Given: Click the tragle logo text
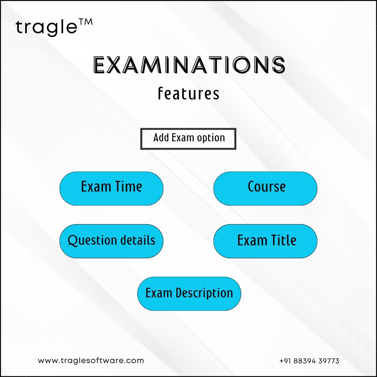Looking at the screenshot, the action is pos(47,27).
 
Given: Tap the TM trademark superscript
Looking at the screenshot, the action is pos(86,22).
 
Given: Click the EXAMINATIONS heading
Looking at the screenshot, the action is pos(189,65).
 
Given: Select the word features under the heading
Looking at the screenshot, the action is pos(188,94).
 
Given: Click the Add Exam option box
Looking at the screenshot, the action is pos(188,139).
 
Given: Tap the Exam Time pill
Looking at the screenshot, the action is pos(111,188).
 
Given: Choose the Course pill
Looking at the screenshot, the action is pos(265,188).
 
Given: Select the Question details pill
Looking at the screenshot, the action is pos(111,241).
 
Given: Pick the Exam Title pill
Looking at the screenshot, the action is pos(265,241).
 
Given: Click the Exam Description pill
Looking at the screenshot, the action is pos(189,294).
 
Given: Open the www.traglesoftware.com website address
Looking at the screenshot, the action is pos(91,361).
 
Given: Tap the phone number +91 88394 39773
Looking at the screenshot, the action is pos(309,361).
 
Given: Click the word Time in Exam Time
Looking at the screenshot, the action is pos(128,186).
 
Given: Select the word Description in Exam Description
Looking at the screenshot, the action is pos(204,293).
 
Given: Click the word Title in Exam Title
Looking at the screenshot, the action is pos(284,240).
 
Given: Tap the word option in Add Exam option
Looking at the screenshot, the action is pos(211,138).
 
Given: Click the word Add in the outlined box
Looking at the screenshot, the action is pos(161,138).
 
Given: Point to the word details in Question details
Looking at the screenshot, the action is pos(138,240).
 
